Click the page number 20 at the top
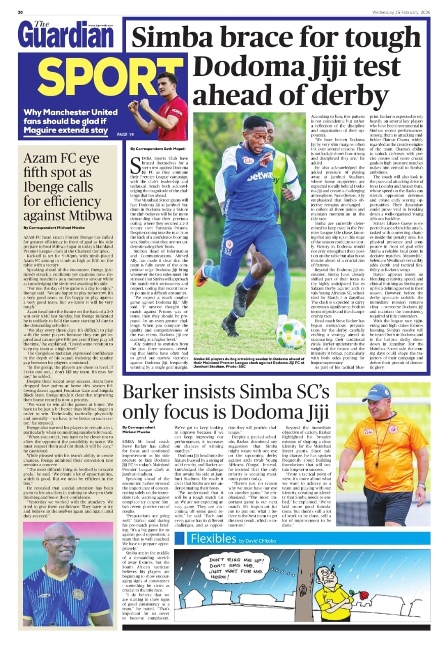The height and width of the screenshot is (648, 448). tap(20, 12)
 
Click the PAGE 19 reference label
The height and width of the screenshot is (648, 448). tap(125, 135)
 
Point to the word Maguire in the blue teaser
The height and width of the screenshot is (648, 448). tap(49, 131)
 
